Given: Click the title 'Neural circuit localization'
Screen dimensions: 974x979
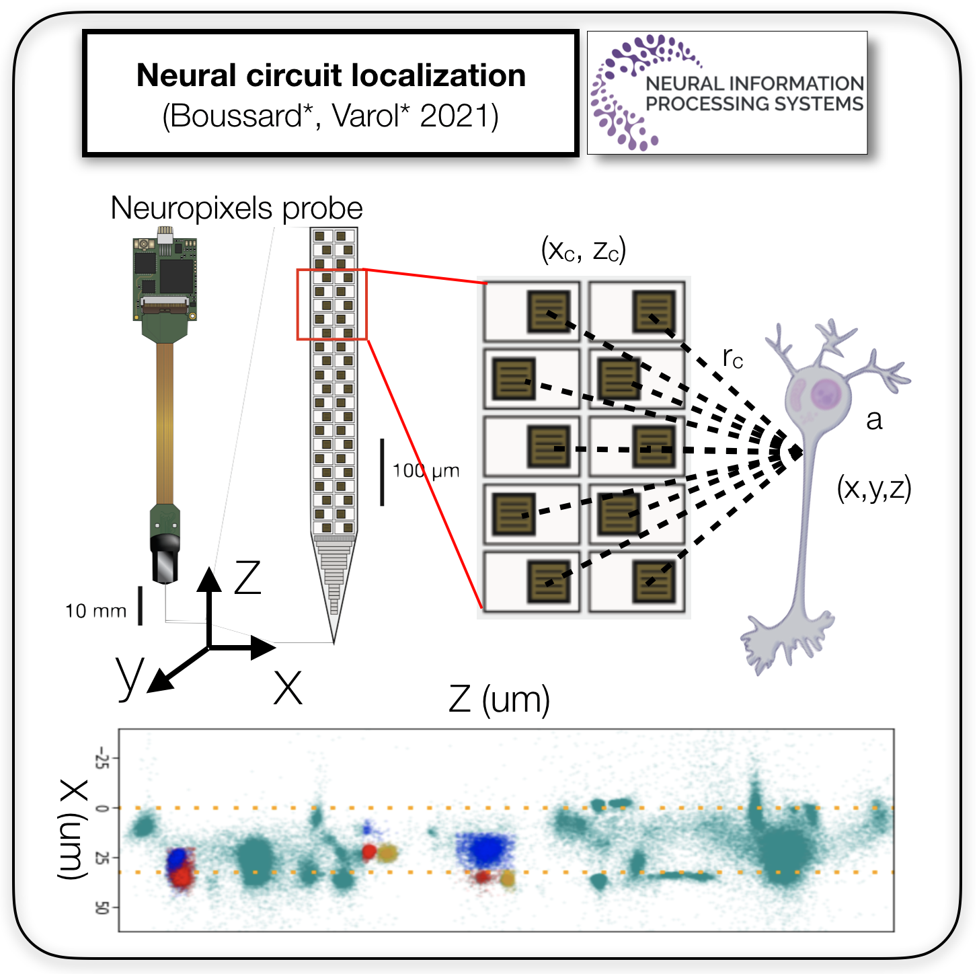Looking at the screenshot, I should (x=331, y=75).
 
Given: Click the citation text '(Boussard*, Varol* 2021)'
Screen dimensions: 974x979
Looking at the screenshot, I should (x=331, y=116).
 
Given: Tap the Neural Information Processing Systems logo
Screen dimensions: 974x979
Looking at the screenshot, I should (x=727, y=93).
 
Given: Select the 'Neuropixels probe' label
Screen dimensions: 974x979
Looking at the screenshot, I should (x=236, y=208).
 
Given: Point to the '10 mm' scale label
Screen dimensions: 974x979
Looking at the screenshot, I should (x=95, y=611).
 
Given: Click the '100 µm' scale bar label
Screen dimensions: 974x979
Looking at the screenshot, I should (x=426, y=471).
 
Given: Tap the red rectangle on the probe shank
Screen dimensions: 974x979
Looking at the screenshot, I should (x=332, y=304).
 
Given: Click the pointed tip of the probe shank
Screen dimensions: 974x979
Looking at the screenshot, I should (x=334, y=639).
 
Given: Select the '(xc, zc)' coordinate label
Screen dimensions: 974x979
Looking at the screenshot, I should (x=583, y=250).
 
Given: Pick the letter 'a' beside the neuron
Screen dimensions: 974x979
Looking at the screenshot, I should (x=873, y=420).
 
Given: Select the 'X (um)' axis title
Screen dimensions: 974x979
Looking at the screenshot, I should (x=73, y=829).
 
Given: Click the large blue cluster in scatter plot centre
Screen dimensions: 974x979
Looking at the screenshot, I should (x=485, y=849).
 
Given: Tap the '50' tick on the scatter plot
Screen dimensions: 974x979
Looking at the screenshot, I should (x=102, y=907).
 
